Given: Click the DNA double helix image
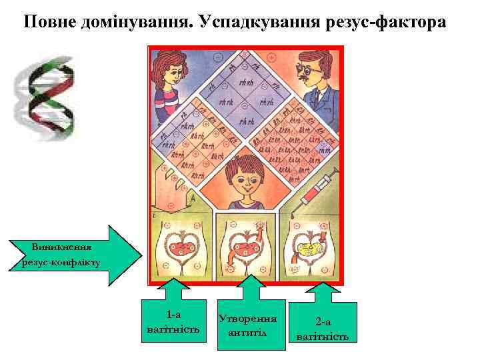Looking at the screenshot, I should pos(45,97).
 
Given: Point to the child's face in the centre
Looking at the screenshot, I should pos(244,179).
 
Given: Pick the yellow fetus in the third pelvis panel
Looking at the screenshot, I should pos(308,251).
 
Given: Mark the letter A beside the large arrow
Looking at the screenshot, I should pos(192,198).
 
